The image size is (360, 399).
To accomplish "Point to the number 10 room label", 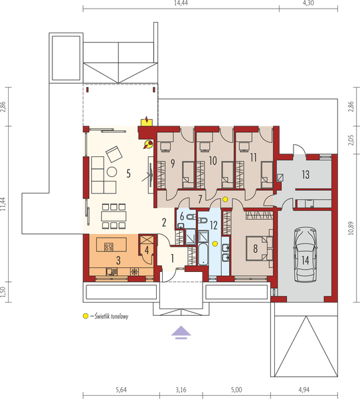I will point(213,160).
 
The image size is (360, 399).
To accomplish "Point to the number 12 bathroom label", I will point(213,225).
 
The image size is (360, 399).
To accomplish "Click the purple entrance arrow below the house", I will point(179,331).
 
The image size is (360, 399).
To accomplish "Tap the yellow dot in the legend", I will point(85,316).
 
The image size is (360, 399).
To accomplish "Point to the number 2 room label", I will point(163,223).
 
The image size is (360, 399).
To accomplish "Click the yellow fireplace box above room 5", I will point(146,121).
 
